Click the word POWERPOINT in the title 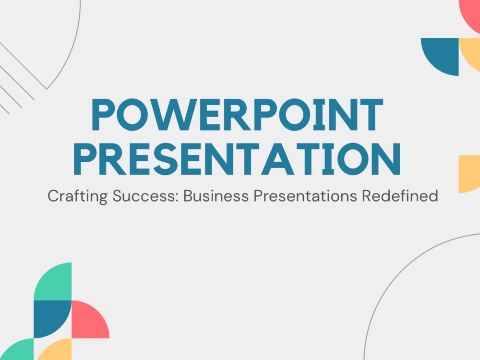[237, 116]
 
